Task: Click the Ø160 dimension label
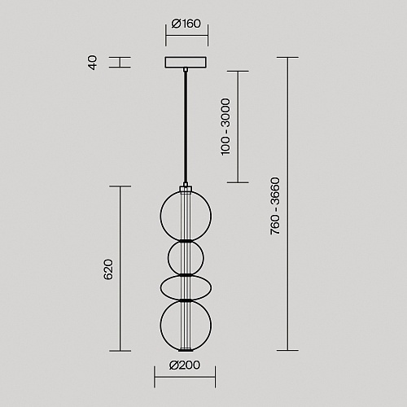click(x=186, y=24)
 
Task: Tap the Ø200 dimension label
click(x=185, y=365)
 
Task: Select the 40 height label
click(x=93, y=63)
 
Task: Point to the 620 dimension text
click(x=108, y=269)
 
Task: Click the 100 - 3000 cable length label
click(x=225, y=127)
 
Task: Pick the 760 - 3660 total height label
click(x=275, y=206)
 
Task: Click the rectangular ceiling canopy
click(x=186, y=62)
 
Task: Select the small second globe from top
click(x=168, y=258)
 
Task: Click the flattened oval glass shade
click(x=160, y=287)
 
